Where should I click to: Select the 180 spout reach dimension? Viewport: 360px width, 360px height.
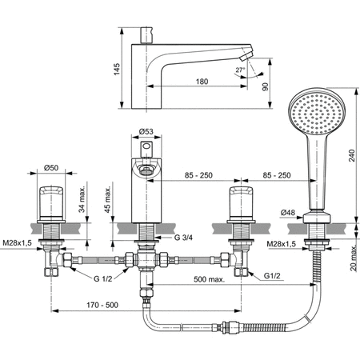(202, 81)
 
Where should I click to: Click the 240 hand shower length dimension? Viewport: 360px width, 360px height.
(349, 158)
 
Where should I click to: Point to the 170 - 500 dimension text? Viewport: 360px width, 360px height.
(102, 304)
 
